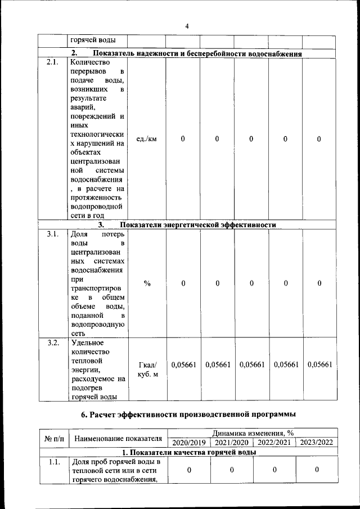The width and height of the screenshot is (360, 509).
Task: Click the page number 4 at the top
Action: [x=188, y=25]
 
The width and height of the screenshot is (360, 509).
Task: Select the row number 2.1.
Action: [x=52, y=62]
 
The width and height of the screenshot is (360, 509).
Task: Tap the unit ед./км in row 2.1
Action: [x=146, y=139]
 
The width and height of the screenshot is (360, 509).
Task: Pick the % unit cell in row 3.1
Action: [x=147, y=283]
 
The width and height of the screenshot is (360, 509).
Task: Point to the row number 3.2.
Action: [x=52, y=343]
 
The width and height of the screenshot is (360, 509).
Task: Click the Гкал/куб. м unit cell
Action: [x=147, y=370]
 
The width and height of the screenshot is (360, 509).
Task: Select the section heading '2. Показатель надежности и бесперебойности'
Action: [x=186, y=53]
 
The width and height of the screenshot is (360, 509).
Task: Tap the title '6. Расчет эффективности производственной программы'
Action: [x=188, y=415]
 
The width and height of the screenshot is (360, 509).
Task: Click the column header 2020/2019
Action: [x=188, y=442]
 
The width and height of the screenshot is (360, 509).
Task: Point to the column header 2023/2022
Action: [x=317, y=442]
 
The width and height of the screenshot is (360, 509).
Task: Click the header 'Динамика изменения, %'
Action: [x=252, y=433]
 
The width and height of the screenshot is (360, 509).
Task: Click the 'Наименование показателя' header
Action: [x=118, y=438]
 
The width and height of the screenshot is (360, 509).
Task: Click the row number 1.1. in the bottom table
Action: [x=53, y=462]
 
